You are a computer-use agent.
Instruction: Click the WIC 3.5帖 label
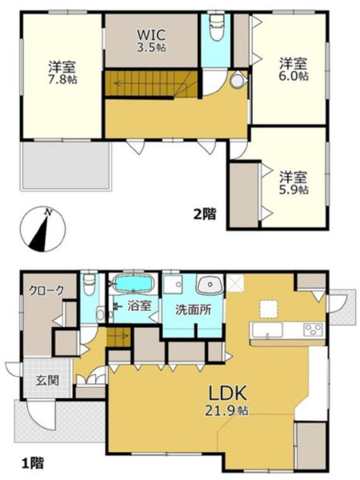[x=151, y=41]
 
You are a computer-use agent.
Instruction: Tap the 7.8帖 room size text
[x=62, y=80]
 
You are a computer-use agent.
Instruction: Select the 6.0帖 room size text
[x=294, y=76]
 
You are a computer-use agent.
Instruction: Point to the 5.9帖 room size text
[x=294, y=190]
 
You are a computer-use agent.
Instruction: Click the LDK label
[x=227, y=394]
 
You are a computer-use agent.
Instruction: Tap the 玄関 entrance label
[x=47, y=381]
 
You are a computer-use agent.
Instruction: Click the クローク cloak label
[x=46, y=290]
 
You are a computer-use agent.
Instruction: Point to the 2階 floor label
[x=205, y=214]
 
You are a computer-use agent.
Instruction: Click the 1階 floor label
[x=33, y=463]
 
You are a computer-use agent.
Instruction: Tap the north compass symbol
[x=42, y=229]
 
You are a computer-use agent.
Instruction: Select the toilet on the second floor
[x=217, y=27]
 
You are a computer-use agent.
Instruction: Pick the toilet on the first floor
[x=90, y=285]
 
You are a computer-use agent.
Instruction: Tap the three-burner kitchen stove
[x=313, y=330]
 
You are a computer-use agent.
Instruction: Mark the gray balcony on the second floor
[x=66, y=166]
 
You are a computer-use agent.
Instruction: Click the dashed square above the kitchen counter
[x=269, y=309]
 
